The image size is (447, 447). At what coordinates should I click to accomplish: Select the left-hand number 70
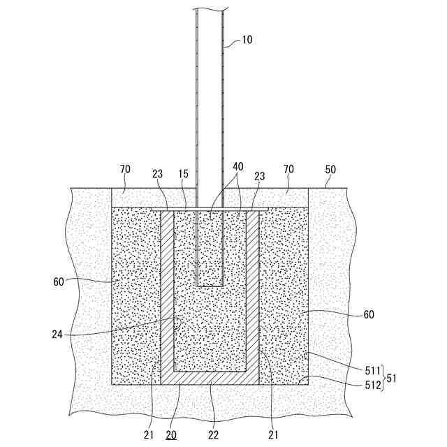[x=126, y=170]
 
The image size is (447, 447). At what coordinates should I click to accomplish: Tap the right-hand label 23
[x=261, y=177]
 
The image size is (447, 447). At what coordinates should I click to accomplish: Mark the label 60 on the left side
[x=59, y=283]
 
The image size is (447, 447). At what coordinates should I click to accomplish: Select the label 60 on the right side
[x=368, y=314]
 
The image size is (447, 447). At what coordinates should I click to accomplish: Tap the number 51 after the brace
[x=392, y=378]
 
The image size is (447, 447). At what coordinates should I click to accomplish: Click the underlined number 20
[x=172, y=434]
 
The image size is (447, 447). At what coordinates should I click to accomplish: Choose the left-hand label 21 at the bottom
[x=148, y=434]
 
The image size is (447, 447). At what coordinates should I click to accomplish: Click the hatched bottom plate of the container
[x=210, y=377]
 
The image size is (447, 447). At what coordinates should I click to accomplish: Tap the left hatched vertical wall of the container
[x=168, y=293]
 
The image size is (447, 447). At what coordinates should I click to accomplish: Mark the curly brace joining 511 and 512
[x=383, y=378]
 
